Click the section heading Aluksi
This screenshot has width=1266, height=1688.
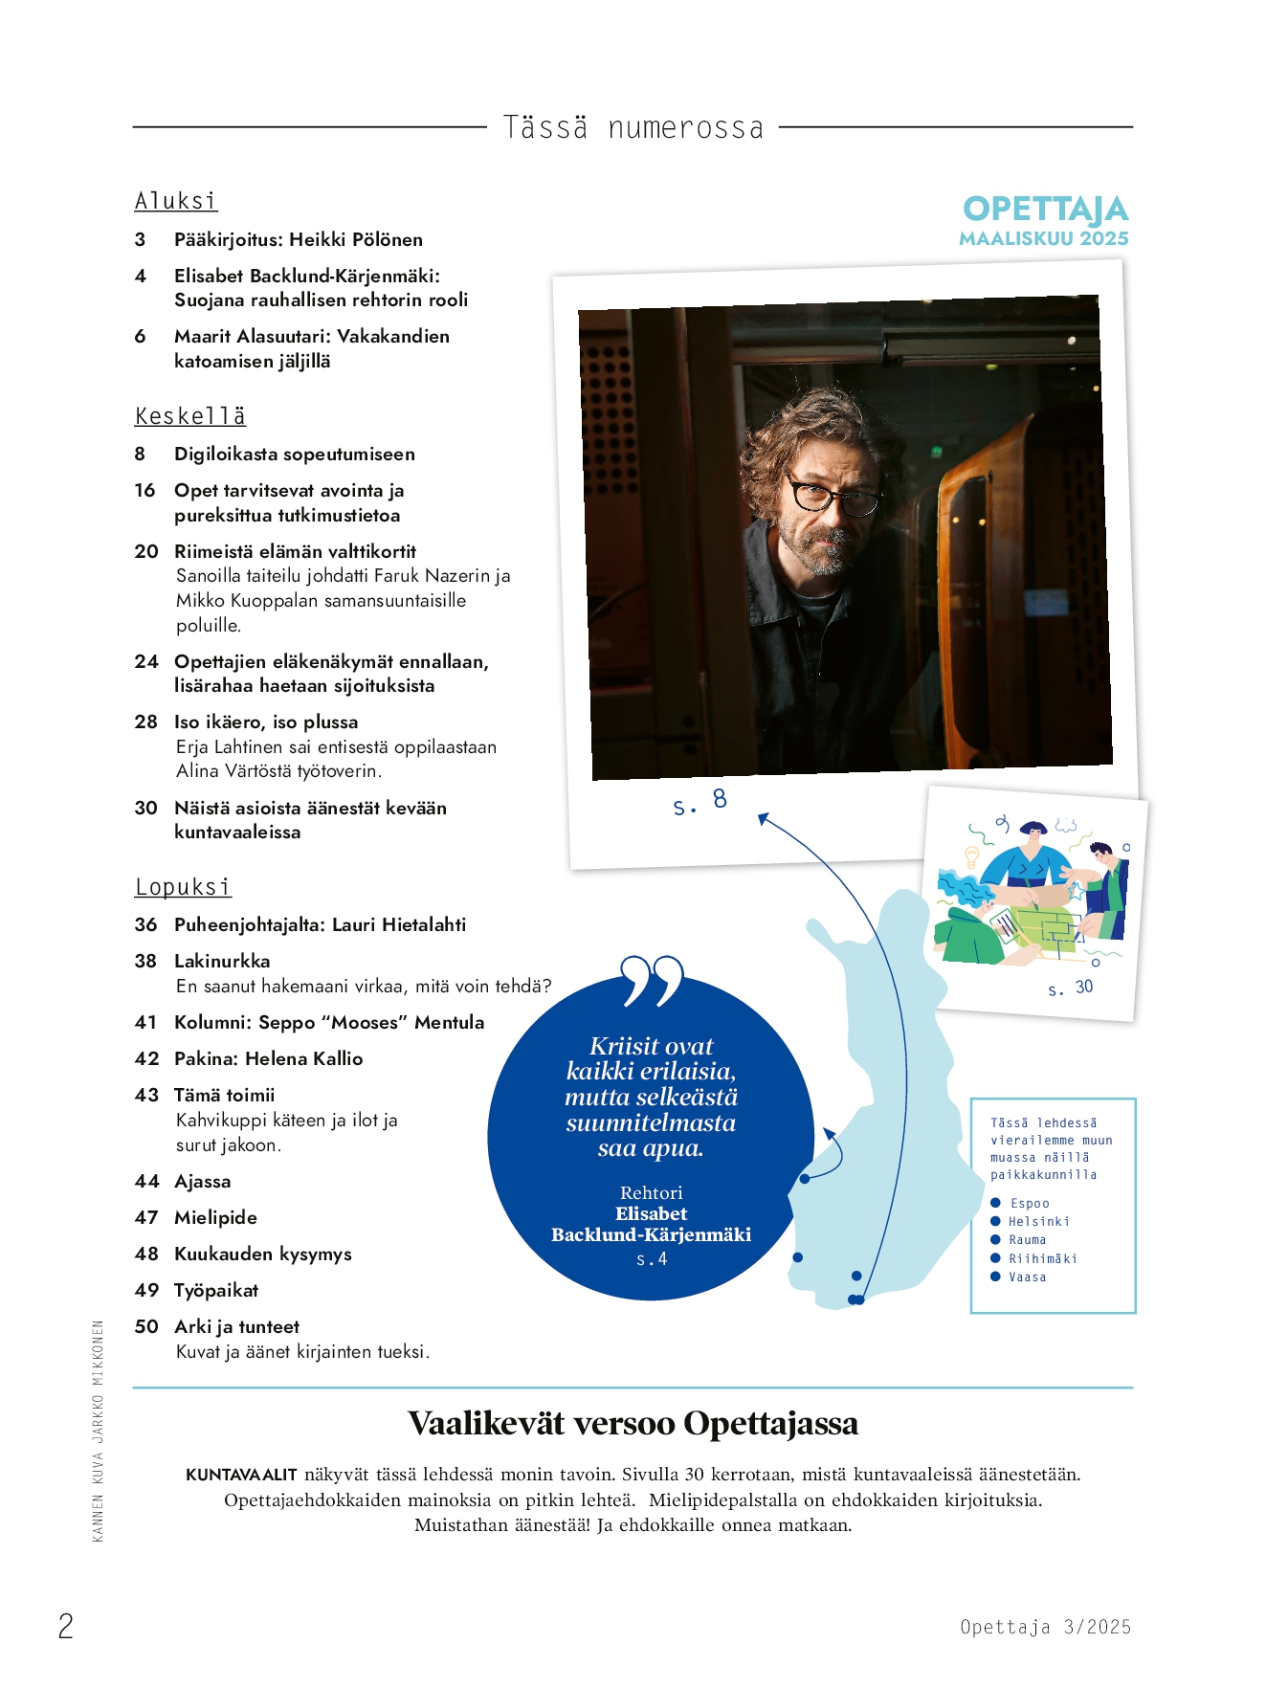(x=176, y=201)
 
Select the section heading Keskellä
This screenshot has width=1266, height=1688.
(x=190, y=416)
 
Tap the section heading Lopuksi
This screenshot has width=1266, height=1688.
(x=183, y=887)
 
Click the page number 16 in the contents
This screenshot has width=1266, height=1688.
(x=144, y=491)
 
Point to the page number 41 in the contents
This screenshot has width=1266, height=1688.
(x=145, y=1023)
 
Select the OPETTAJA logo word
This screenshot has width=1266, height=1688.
(x=1045, y=210)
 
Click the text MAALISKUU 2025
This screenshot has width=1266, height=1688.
(x=1044, y=238)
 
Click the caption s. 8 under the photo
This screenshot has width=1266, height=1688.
(x=700, y=802)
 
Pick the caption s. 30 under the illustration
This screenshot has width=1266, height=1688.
(x=1070, y=988)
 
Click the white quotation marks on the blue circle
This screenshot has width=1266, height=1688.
(x=653, y=980)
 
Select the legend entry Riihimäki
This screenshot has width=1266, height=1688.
(x=1042, y=1259)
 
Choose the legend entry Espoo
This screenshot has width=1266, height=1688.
(x=1030, y=1204)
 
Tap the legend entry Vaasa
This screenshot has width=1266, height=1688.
(x=1027, y=1277)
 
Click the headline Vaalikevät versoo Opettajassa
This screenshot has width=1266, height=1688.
(x=633, y=1424)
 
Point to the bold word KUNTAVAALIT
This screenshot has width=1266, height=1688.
(x=241, y=1475)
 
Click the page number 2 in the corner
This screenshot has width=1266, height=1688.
(x=66, y=1626)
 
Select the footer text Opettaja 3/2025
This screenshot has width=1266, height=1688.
(x=1045, y=1627)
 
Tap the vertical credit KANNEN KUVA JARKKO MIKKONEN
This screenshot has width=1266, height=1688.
(x=98, y=1432)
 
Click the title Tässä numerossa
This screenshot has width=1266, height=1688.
(x=633, y=127)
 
